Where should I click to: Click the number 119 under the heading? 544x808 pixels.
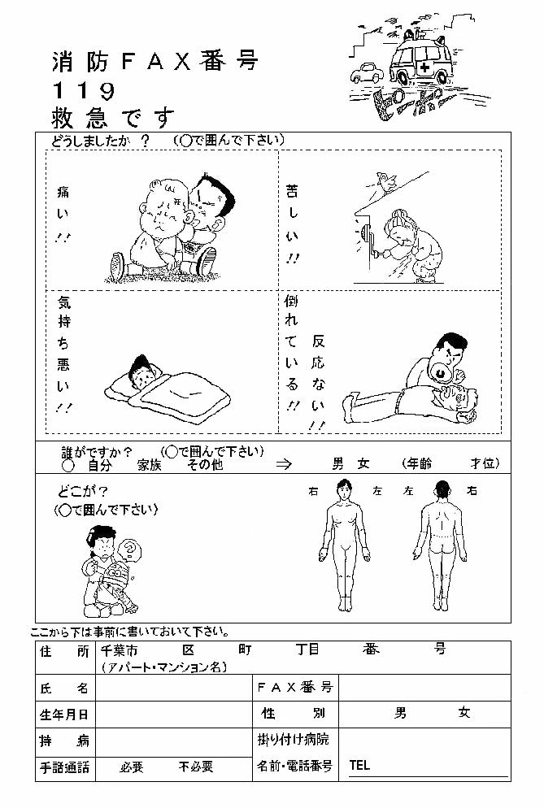point(84,91)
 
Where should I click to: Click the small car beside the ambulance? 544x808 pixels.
point(367,72)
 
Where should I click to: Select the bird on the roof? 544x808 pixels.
point(385,180)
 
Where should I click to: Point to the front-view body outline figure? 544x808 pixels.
point(344,545)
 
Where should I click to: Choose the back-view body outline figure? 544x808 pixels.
point(439,545)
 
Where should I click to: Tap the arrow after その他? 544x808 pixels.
point(284,464)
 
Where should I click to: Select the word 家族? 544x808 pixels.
point(150,465)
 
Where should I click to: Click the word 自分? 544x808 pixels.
point(99,465)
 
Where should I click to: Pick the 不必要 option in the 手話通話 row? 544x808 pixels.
point(196,767)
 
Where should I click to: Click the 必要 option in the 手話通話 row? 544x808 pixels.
point(132,767)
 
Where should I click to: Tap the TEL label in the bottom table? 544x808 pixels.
point(359,765)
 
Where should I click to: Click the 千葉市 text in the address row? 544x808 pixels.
point(119,649)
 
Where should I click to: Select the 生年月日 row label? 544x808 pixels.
point(64,715)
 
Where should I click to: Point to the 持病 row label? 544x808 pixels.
point(64,741)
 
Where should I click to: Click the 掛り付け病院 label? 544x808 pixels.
point(293,740)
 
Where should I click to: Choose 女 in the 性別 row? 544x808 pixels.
point(464,713)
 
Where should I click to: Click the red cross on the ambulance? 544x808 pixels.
point(425,68)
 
